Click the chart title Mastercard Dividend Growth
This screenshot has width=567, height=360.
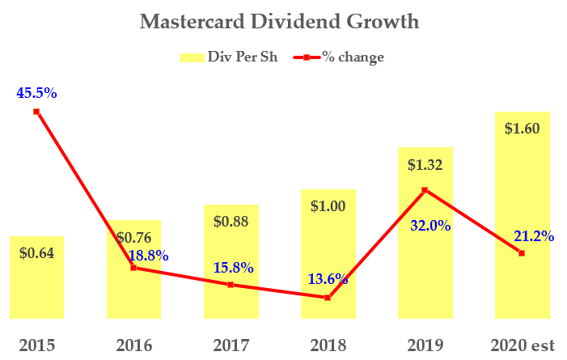[x=280, y=21]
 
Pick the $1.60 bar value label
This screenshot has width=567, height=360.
[x=522, y=128]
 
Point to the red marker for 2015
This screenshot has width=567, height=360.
[x=36, y=112]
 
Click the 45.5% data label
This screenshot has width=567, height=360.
[x=36, y=93]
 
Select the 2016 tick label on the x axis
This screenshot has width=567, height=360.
[x=133, y=345]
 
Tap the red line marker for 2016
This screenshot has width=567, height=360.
[x=133, y=267]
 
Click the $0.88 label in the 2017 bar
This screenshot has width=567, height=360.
[x=231, y=221]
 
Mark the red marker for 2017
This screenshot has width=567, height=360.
[x=231, y=285]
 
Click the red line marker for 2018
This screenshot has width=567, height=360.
[x=328, y=298]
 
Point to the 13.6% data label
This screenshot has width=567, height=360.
[x=328, y=279]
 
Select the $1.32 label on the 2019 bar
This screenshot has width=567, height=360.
[x=425, y=165]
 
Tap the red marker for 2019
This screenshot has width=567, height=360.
[x=425, y=190]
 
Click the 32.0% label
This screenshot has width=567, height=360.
[x=429, y=226]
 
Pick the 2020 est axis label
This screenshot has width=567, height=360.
[x=522, y=345]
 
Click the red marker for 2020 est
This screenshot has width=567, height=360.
[x=522, y=253]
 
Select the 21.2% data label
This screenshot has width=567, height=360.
[x=534, y=236]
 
